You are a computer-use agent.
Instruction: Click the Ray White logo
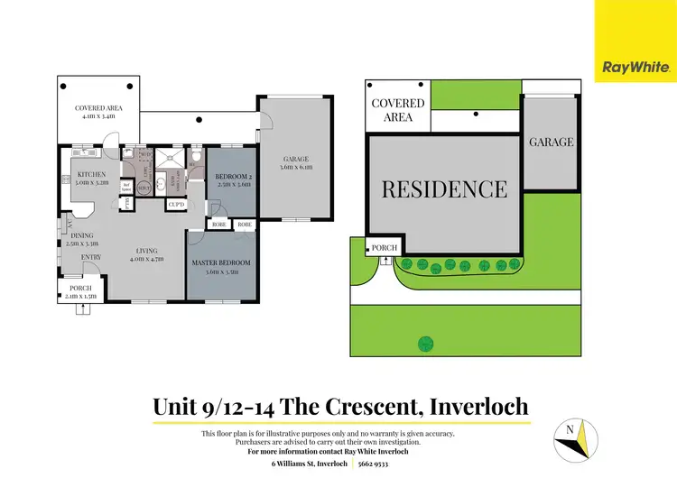[635, 65]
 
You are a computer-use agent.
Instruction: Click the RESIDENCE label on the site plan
[444, 189]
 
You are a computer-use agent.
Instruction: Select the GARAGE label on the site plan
[551, 142]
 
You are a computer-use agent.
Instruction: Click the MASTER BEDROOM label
[221, 262]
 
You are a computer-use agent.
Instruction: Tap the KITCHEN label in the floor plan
[92, 174]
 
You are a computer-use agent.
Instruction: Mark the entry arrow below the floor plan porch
[84, 308]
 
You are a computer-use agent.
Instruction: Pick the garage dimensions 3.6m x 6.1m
[295, 167]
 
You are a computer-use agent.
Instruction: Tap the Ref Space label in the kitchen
[127, 187]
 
